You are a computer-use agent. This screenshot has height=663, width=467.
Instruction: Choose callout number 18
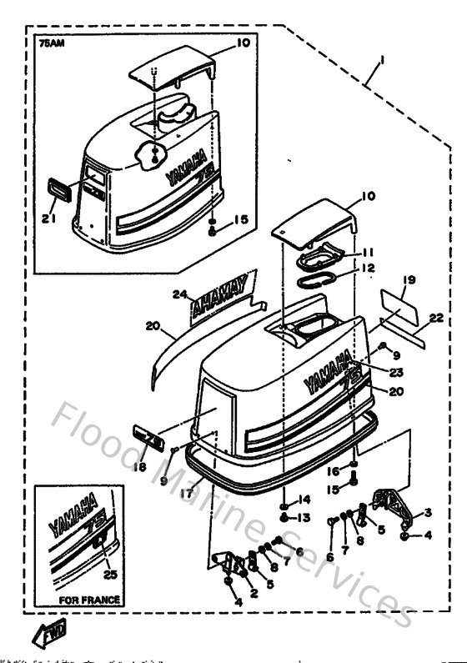140,468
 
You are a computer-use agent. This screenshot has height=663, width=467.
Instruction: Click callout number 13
304,518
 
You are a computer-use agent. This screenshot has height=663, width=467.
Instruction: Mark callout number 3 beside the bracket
427,512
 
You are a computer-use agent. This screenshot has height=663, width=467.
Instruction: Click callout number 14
304,500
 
